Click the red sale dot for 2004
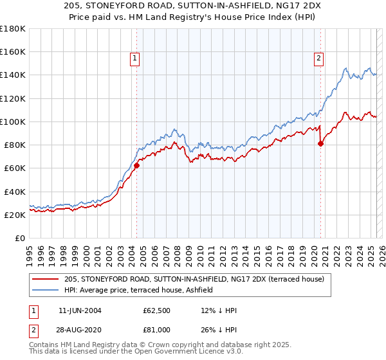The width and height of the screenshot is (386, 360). click(x=136, y=165)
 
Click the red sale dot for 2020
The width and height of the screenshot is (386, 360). click(x=320, y=143)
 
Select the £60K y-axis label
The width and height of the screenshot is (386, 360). click(x=14, y=168)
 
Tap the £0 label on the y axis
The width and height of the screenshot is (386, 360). click(x=20, y=238)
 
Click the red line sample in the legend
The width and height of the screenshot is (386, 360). click(x=45, y=278)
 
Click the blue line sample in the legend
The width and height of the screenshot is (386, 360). click(x=45, y=290)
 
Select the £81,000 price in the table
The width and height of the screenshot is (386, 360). click(x=156, y=329)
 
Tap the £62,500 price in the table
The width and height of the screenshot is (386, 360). click(x=156, y=310)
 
